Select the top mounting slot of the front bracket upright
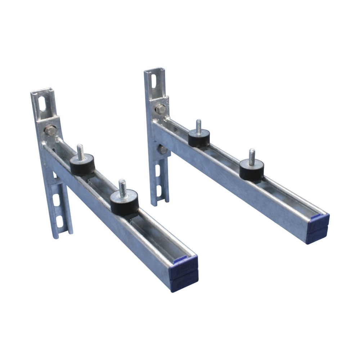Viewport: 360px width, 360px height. click(42, 104)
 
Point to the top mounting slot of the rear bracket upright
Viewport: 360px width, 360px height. click(154, 81)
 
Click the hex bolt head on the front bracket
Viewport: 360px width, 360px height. click(50, 130)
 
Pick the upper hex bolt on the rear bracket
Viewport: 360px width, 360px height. click(161, 109)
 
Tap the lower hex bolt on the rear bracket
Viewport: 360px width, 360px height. click(163, 149)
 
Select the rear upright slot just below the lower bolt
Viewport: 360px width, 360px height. click(158, 170)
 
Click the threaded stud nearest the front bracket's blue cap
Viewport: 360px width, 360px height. click(123, 189)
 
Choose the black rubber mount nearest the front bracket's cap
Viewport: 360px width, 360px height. click(125, 203)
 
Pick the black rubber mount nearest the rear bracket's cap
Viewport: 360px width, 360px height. click(252, 170)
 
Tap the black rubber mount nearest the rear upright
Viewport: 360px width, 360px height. click(199, 138)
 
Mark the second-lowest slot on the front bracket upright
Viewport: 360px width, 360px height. click(56, 200)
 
